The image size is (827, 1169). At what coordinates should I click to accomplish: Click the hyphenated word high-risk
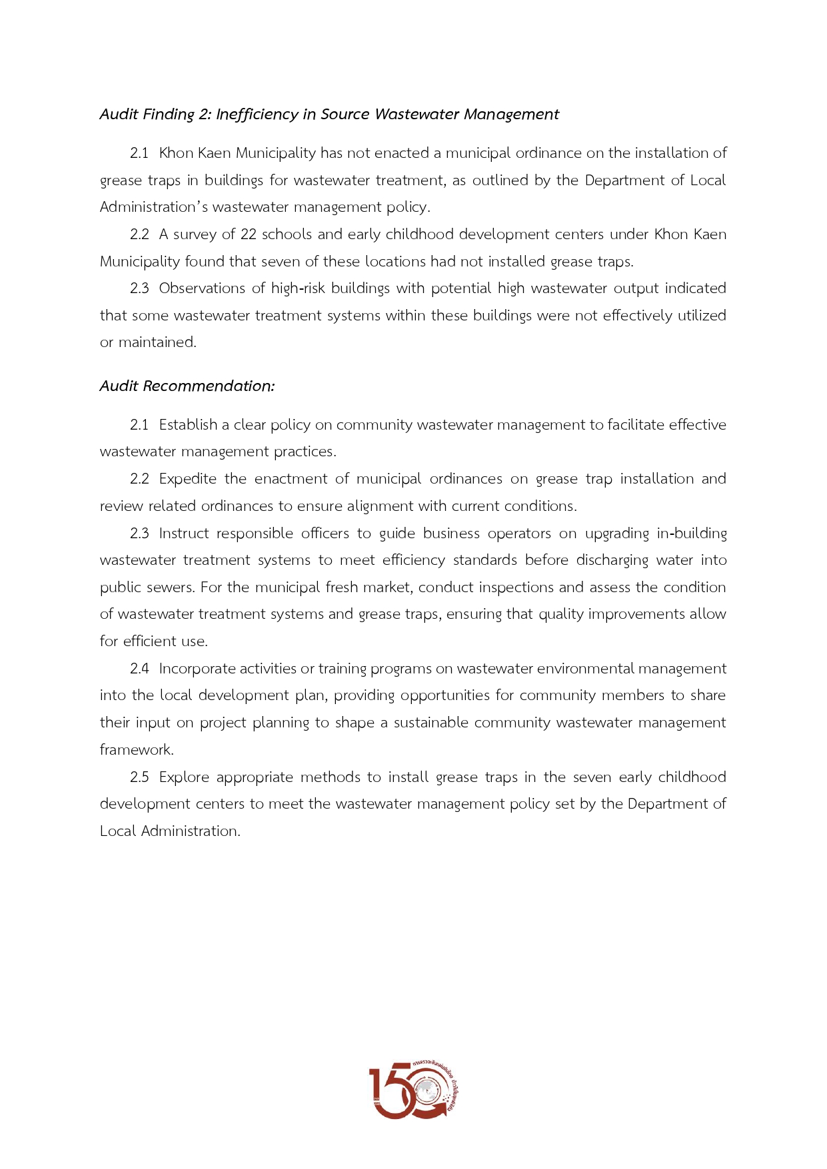(x=297, y=288)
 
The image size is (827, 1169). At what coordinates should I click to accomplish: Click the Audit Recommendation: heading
(x=187, y=386)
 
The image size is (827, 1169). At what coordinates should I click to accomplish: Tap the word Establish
(x=189, y=425)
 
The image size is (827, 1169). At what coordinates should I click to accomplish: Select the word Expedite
(x=188, y=479)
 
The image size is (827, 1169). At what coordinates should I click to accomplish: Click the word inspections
(x=510, y=587)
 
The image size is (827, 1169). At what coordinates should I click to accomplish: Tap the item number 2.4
(x=139, y=669)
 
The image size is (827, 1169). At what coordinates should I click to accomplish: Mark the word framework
(x=136, y=750)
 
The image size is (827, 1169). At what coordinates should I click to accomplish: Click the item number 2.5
(x=139, y=777)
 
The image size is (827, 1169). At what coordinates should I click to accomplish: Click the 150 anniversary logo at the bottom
(x=414, y=1090)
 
